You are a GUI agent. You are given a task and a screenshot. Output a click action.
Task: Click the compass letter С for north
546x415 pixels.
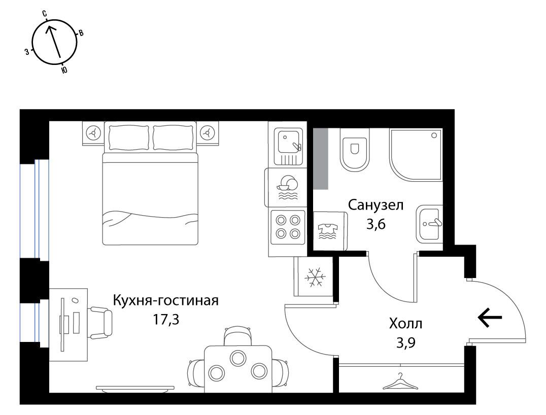tap(45, 14)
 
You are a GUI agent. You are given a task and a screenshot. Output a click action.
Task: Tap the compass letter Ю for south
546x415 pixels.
tap(64, 71)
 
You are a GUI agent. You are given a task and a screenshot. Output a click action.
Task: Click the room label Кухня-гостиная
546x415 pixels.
tap(166, 300)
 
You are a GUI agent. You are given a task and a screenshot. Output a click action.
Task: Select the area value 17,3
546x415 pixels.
tap(166, 319)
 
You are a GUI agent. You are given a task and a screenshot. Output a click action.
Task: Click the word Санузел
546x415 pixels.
tap(376, 205)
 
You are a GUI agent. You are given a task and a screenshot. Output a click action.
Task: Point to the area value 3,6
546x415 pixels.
tap(376, 225)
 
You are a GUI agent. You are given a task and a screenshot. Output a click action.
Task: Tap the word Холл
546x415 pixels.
tap(405, 324)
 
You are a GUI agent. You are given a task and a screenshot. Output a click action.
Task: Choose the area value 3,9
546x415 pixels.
tap(406, 343)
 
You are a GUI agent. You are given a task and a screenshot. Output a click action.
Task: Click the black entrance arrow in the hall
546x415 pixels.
tap(490, 318)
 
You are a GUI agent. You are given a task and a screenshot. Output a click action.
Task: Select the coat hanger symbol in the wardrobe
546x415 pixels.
tap(400, 382)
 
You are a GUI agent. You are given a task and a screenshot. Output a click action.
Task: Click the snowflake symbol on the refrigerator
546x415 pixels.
tap(316, 277)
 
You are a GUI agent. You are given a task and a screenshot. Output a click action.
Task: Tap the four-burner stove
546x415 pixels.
tap(288, 227)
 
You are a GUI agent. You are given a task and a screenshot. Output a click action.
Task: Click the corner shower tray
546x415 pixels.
tap(416, 155)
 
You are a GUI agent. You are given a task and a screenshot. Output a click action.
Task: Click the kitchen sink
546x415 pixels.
tap(288, 146)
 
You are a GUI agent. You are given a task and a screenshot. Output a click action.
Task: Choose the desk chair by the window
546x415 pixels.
tap(101, 323)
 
